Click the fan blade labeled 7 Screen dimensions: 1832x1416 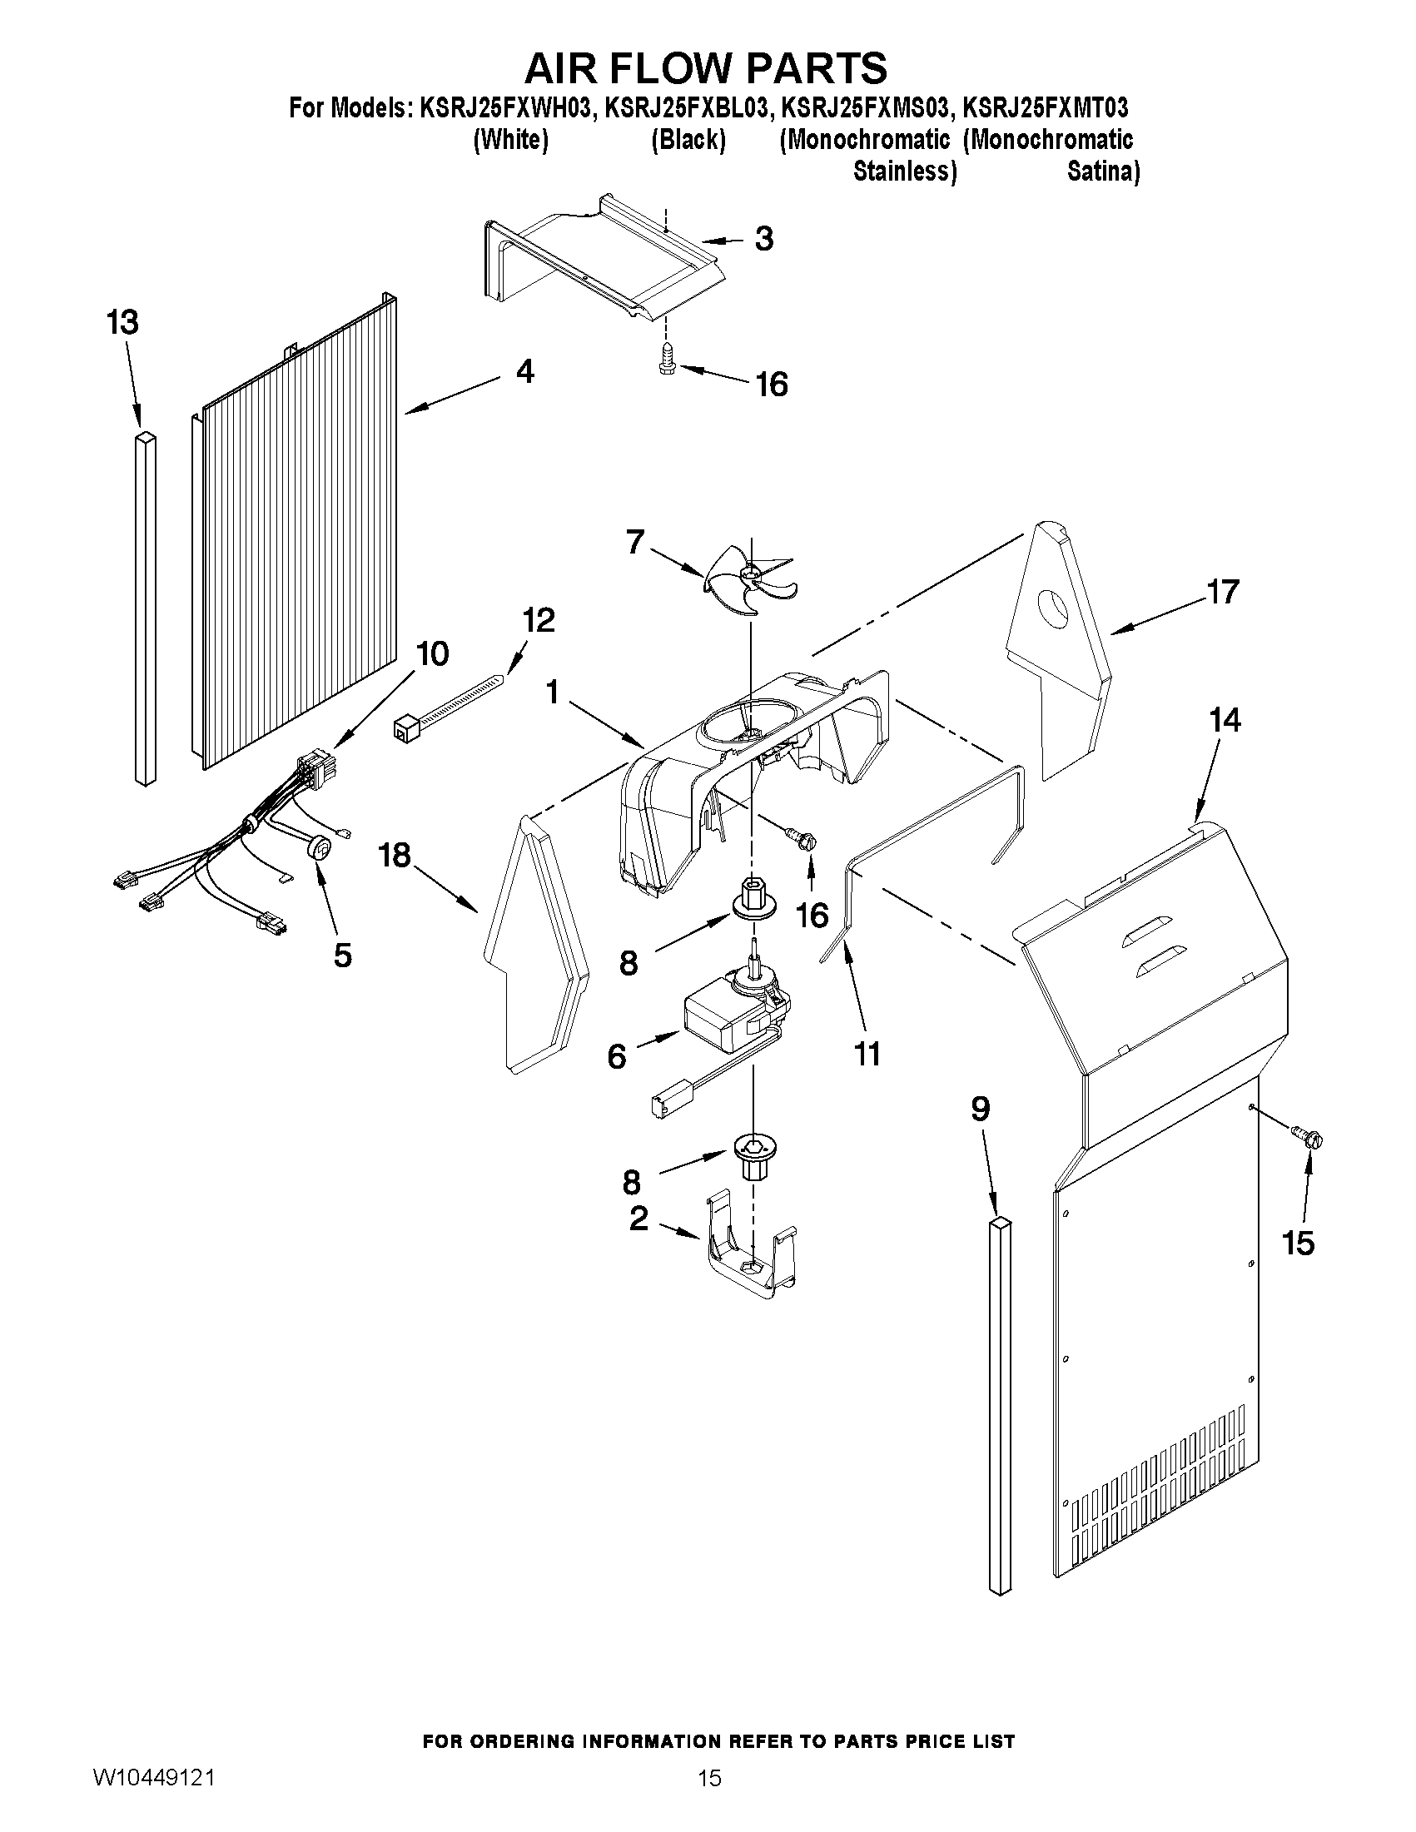(x=749, y=578)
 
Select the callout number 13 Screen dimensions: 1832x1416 (x=122, y=323)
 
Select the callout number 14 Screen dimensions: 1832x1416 (x=1225, y=721)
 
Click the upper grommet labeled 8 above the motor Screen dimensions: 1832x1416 (x=753, y=898)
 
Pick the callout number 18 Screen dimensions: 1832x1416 (x=395, y=856)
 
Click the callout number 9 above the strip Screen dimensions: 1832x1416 (x=980, y=1110)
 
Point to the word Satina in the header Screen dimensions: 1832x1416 (x=1102, y=172)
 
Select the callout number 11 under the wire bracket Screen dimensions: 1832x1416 (x=867, y=1054)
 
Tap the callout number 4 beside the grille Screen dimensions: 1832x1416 (x=525, y=371)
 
